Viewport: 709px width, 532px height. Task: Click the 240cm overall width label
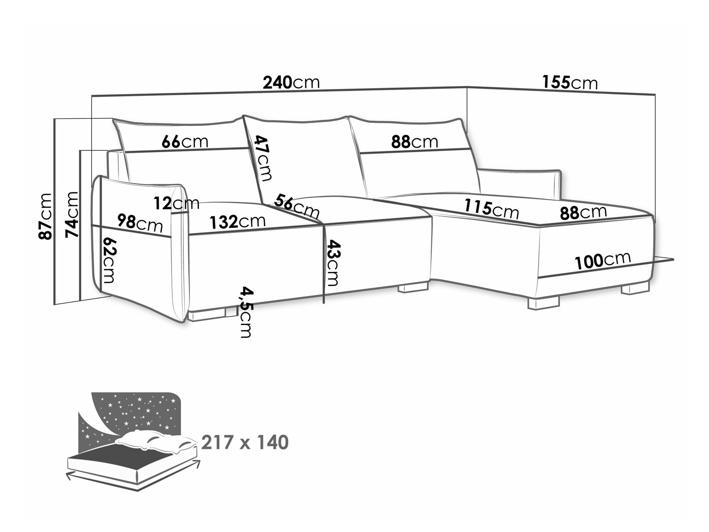coord(291,82)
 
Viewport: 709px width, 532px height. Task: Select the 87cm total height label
coord(46,216)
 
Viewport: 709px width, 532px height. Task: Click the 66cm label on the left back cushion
coord(185,142)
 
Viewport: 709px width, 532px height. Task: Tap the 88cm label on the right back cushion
coord(415,142)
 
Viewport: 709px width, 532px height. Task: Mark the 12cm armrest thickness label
coord(177,204)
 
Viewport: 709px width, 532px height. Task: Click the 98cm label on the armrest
coord(140,222)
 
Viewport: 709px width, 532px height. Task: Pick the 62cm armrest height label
coord(108,260)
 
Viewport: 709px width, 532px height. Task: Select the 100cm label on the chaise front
coord(603,261)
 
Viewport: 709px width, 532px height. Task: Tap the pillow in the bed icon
coord(156,440)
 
